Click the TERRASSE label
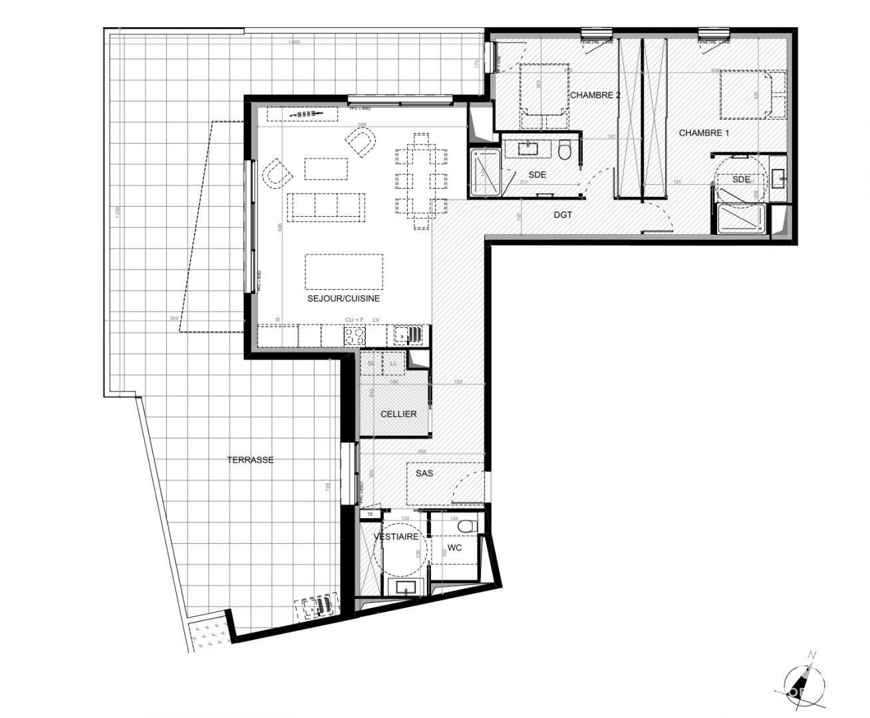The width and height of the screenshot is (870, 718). point(250,459)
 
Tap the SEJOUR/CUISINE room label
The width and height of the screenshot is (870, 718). point(343,299)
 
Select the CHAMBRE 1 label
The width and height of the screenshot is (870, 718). point(704,133)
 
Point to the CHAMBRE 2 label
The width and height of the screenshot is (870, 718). point(595,96)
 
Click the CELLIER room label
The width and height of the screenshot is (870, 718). point(398,414)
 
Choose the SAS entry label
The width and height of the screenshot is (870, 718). point(424,473)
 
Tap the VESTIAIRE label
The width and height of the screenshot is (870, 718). point(396,537)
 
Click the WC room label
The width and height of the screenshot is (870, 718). point(454,548)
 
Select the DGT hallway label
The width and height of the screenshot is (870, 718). point(563,215)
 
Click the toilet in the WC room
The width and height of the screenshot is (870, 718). point(468,526)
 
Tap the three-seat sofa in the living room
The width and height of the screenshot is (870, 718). point(326,205)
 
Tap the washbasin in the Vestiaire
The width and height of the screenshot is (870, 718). point(404,587)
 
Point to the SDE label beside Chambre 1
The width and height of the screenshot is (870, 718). point(741,179)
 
